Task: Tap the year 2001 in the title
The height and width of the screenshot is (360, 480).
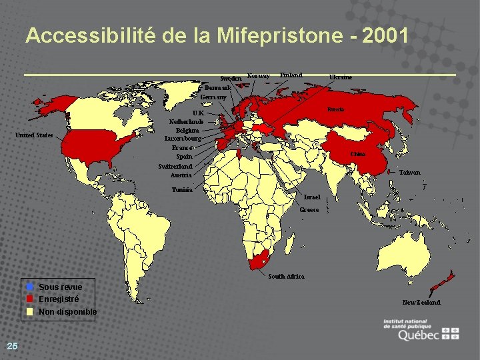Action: [x=383, y=36]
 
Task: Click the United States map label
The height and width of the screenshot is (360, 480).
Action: [x=34, y=135]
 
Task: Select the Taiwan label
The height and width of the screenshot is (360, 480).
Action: [x=410, y=172]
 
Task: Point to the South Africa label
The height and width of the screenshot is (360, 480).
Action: [x=286, y=276]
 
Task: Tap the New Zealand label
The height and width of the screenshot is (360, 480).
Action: [x=421, y=303]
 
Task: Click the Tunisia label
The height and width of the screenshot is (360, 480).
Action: [x=181, y=190]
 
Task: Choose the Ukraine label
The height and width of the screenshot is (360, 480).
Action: [x=341, y=77]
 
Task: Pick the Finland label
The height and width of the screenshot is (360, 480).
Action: [x=291, y=75]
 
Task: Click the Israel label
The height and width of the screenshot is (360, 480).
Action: [x=312, y=198]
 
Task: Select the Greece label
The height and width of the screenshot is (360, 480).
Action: [x=309, y=210]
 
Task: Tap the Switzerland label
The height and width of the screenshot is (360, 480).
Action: [x=175, y=166]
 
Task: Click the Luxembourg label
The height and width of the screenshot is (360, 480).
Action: [x=183, y=139]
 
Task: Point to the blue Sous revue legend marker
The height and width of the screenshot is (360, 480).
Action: [x=29, y=287]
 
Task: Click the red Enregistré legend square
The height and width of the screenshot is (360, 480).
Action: [x=29, y=299]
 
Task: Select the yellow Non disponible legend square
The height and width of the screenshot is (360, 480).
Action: [x=29, y=311]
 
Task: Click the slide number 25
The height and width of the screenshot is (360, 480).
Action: [x=12, y=345]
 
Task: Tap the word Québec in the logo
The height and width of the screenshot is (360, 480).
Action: [x=418, y=335]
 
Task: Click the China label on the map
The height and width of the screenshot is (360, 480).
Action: [x=358, y=154]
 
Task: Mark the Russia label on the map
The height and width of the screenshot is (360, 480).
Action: [x=335, y=109]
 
